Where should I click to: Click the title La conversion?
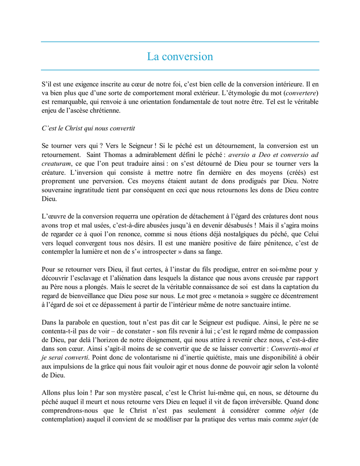180,57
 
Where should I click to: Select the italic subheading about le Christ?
88,128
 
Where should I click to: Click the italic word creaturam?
56,163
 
